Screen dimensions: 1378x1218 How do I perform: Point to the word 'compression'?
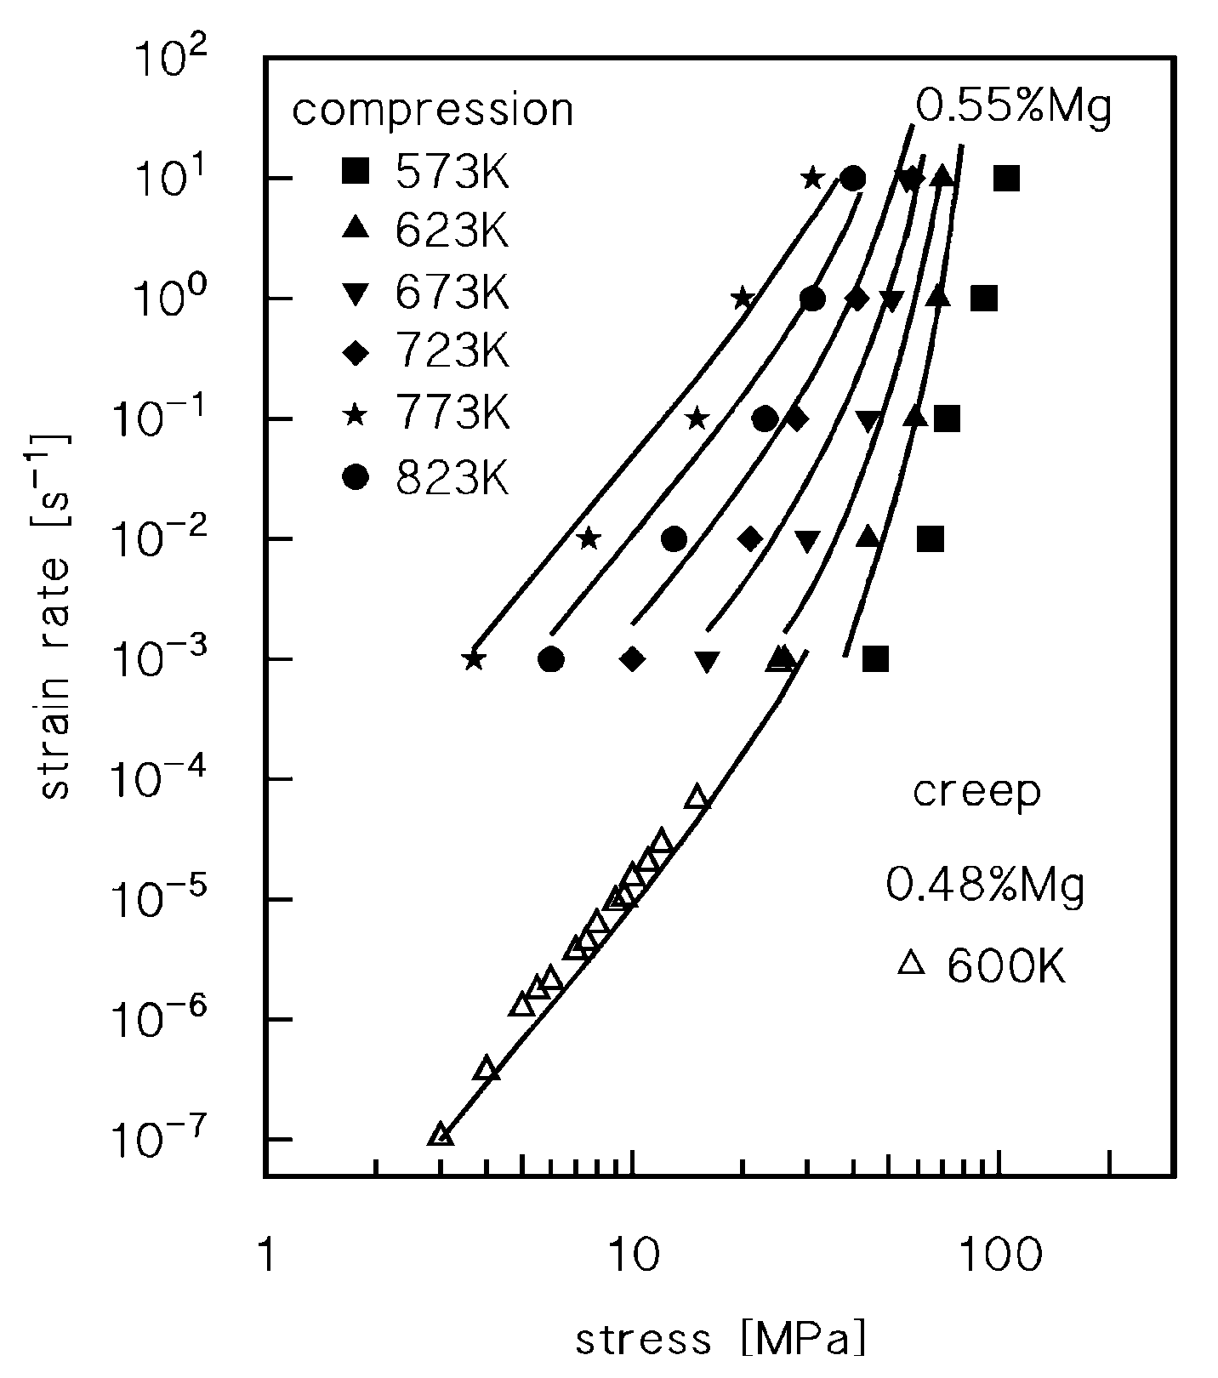coord(433,111)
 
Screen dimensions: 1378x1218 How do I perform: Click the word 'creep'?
coord(976,791)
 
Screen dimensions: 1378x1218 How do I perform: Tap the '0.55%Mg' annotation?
coord(1013,108)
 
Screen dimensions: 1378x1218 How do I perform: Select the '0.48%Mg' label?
coord(986,885)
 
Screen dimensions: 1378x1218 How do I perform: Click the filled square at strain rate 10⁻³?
coord(875,659)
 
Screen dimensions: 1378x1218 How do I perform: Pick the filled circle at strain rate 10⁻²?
coord(674,539)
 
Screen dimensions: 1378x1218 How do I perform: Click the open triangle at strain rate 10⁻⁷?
coord(441,1135)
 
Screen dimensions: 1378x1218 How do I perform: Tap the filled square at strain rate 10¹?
coord(1006,179)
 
